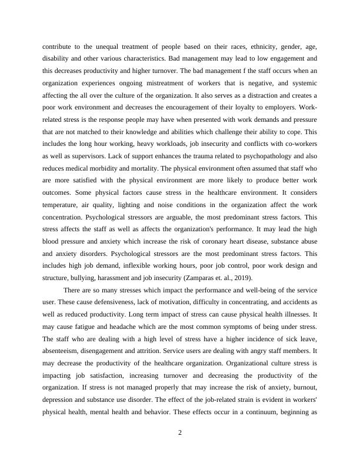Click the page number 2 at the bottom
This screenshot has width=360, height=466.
pyautogui.click(x=180, y=433)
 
